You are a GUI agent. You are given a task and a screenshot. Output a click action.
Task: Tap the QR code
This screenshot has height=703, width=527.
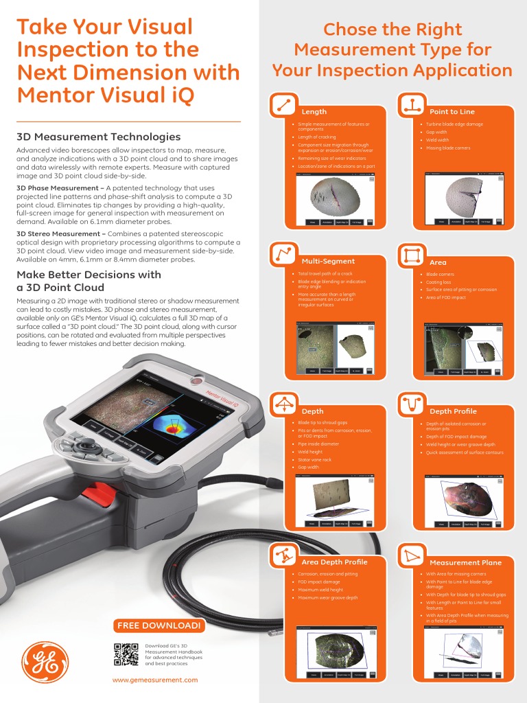point(126,654)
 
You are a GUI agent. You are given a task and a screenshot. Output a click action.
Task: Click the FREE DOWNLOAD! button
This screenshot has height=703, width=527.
point(159,625)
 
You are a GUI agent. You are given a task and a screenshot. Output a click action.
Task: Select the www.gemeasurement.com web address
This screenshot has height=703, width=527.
point(155,680)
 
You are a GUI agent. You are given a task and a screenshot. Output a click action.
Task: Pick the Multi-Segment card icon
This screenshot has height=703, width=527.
point(282,255)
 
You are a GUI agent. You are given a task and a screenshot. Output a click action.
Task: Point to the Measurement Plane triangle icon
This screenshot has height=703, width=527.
point(411,555)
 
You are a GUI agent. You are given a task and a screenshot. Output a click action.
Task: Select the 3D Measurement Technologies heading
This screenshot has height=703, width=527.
point(98,137)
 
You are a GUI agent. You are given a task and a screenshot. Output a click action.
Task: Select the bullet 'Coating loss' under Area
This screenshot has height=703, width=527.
point(438,282)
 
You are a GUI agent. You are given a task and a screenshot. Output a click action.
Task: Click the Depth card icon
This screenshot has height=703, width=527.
point(282,404)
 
